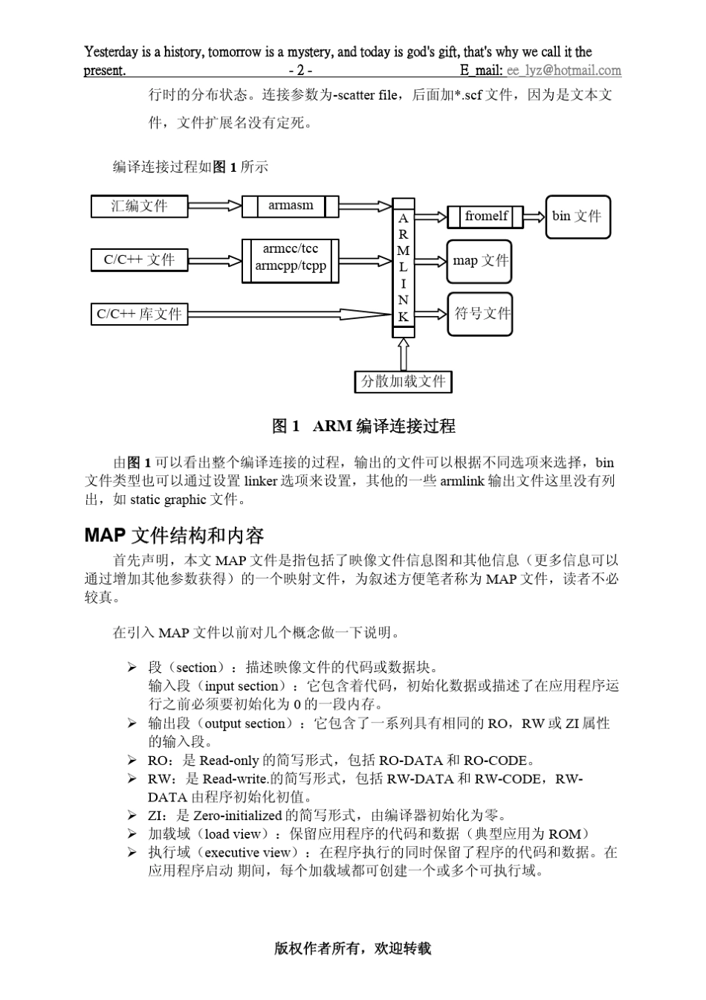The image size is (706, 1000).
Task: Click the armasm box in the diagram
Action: pyautogui.click(x=291, y=206)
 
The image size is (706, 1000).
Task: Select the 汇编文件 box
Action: pyautogui.click(x=139, y=206)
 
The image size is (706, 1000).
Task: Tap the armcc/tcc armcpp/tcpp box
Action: pyautogui.click(x=291, y=259)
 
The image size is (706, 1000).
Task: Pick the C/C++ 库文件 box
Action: pyautogui.click(x=139, y=314)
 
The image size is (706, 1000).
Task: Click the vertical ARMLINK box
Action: pyautogui.click(x=403, y=268)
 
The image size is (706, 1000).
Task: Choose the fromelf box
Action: pyautogui.click(x=486, y=216)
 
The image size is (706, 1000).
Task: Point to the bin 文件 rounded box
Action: pyautogui.click(x=577, y=216)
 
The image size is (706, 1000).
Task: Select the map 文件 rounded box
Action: pyautogui.click(x=479, y=261)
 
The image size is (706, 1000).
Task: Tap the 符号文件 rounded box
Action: pyautogui.click(x=479, y=314)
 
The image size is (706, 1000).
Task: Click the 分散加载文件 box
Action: pyautogui.click(x=403, y=381)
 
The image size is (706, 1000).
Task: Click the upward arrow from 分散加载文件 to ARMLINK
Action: pyautogui.click(x=403, y=354)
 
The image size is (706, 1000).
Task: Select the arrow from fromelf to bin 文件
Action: pyautogui.click(x=534, y=217)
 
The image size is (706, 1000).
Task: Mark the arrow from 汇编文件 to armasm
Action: pyautogui.click(x=215, y=206)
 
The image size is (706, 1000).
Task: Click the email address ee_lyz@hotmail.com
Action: pyautogui.click(x=563, y=71)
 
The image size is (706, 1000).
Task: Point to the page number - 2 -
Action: pyautogui.click(x=300, y=71)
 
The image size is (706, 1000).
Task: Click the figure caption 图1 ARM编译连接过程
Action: pyautogui.click(x=363, y=426)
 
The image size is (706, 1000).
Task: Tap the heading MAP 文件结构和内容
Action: pyautogui.click(x=174, y=535)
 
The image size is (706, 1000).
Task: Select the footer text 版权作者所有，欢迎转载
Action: pyautogui.click(x=352, y=948)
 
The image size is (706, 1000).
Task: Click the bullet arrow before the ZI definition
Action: pyautogui.click(x=132, y=816)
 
